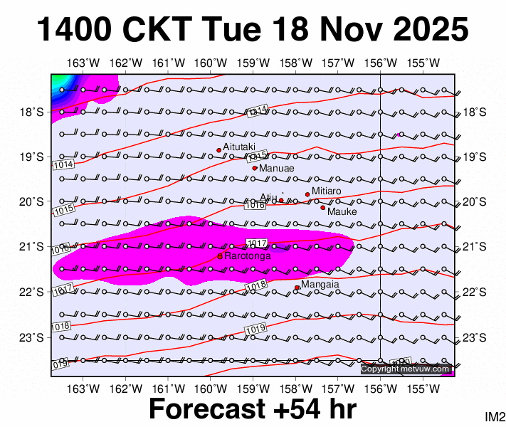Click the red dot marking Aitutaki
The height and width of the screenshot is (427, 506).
tap(219, 150)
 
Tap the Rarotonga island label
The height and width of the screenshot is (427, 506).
tap(248, 255)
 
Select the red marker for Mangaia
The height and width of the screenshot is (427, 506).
tap(297, 288)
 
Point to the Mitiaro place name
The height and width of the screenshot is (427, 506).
tap(327, 191)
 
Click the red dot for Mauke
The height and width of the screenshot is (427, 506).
tap(322, 208)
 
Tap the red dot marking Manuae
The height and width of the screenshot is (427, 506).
tap(255, 168)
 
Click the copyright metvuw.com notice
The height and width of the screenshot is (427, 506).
tap(406, 369)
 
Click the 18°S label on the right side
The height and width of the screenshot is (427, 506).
tap(474, 112)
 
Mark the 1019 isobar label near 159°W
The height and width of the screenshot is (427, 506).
tap(255, 329)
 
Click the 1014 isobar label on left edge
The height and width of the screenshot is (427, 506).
tap(63, 164)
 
